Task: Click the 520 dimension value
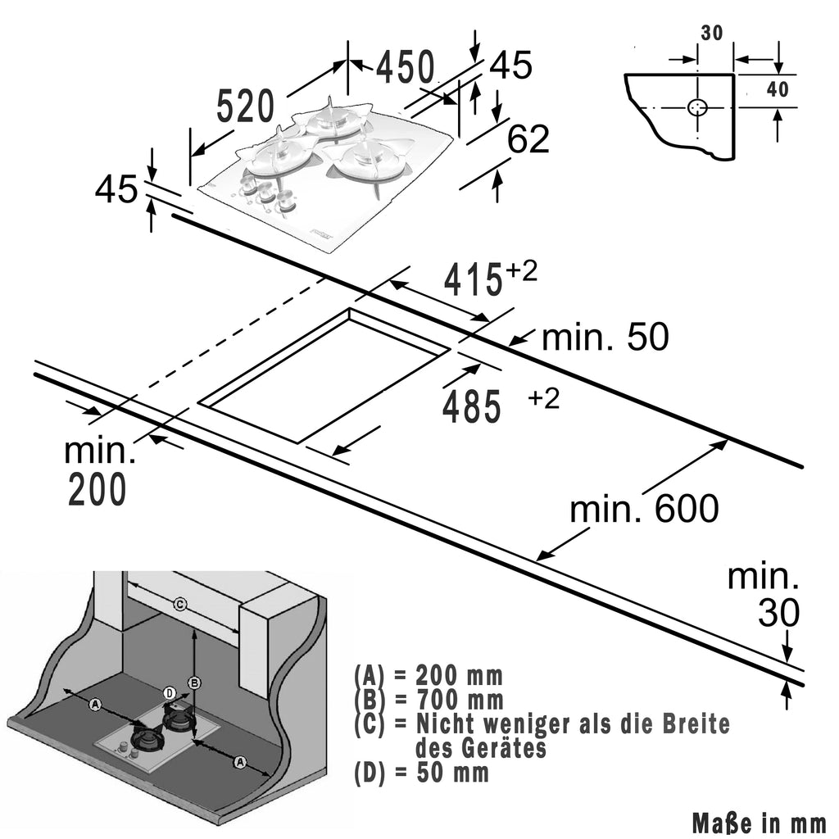(245, 107)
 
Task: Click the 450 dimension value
(405, 67)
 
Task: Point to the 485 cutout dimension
(471, 407)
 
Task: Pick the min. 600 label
(644, 510)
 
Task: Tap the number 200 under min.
(97, 490)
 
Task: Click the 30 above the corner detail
(711, 33)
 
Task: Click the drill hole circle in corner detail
(697, 108)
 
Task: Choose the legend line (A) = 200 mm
(429, 677)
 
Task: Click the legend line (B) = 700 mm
(429, 701)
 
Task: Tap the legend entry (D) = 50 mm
(421, 773)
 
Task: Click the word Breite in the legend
(687, 724)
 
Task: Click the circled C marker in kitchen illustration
(181, 605)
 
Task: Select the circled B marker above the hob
(194, 682)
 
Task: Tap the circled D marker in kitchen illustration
(170, 693)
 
